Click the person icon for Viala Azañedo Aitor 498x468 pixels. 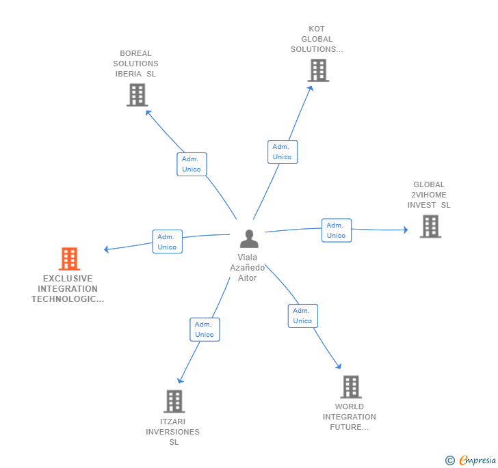(x=250, y=238)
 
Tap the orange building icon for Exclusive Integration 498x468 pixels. (x=69, y=259)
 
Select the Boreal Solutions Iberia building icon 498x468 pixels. (x=137, y=95)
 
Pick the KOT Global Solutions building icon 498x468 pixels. (x=317, y=70)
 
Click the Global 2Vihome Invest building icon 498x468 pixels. (x=430, y=226)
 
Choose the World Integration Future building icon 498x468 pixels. (x=350, y=387)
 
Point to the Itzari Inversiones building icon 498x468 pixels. (x=174, y=401)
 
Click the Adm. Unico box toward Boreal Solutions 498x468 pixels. (x=192, y=164)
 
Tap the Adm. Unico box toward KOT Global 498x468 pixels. (x=282, y=152)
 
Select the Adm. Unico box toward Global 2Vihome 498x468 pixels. (x=336, y=230)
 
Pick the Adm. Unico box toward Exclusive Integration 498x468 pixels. (x=167, y=242)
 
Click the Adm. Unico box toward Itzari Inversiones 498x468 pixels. (x=204, y=329)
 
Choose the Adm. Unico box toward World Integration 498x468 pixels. (x=302, y=316)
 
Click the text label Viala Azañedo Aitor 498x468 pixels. (x=247, y=268)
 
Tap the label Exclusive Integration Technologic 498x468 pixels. (x=68, y=289)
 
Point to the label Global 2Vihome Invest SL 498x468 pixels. (x=429, y=195)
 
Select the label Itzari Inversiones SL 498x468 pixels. (x=173, y=432)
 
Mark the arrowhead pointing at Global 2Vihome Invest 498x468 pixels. (x=405, y=230)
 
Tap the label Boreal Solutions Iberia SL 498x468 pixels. (x=135, y=64)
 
